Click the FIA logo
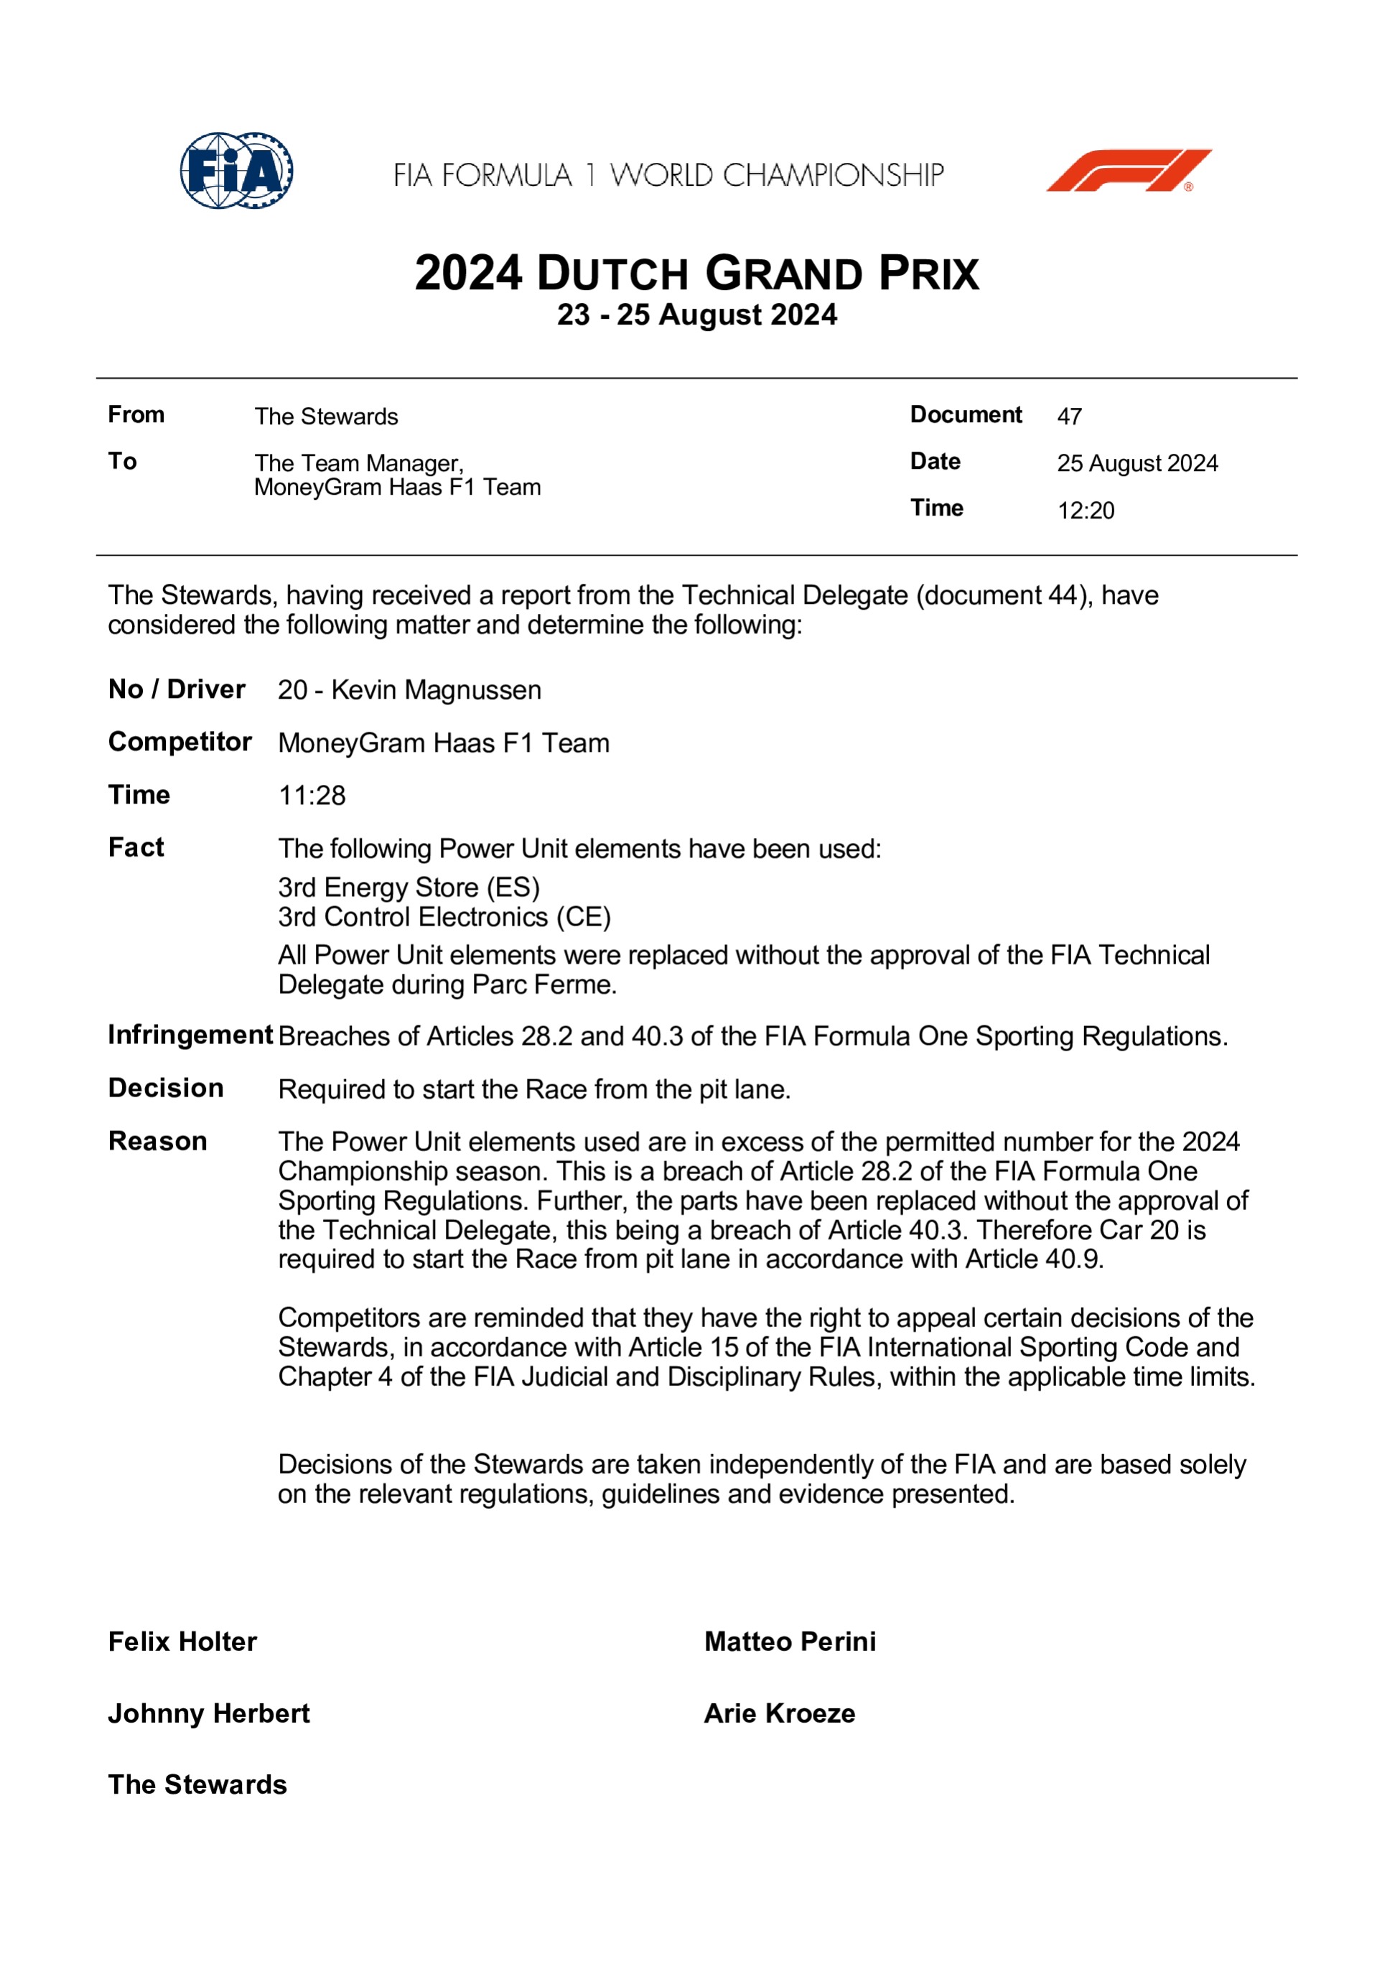click(236, 170)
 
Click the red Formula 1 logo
click(1128, 170)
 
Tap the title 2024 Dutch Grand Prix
click(696, 274)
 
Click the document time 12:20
click(1086, 511)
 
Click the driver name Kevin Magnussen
click(436, 689)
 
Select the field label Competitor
click(179, 742)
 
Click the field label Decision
click(166, 1089)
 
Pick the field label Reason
click(157, 1141)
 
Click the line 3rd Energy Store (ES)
click(409, 888)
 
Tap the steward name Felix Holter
click(182, 1642)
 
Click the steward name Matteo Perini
click(790, 1642)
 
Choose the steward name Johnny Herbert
click(209, 1713)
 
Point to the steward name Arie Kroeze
click(780, 1713)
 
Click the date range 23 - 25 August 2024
click(696, 315)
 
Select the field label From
click(136, 414)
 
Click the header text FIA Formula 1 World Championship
click(668, 175)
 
